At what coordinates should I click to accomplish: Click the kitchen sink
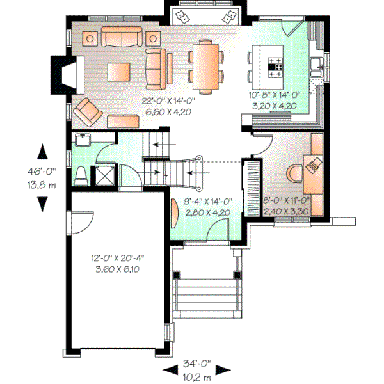pos(316,64)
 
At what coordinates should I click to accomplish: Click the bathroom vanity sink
pos(83,139)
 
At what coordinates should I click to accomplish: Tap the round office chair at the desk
pos(295,173)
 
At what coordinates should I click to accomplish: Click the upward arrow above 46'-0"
pos(42,152)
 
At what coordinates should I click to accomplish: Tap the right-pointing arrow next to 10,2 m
pos(224,370)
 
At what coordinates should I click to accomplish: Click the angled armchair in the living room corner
pos(87,112)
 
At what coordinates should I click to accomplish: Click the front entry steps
pos(207,298)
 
